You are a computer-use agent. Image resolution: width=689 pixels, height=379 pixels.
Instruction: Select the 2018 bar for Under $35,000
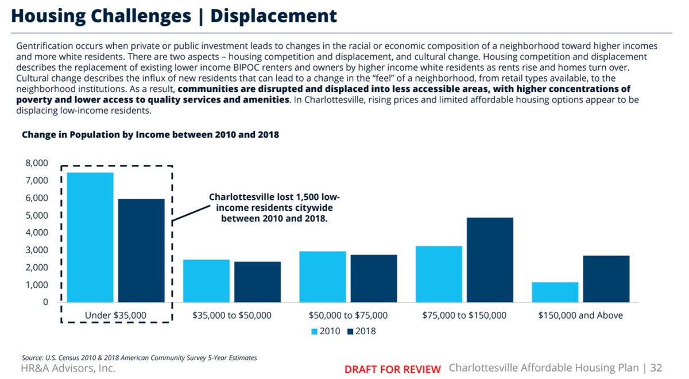point(141,250)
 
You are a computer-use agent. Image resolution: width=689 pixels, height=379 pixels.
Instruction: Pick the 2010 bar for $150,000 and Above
point(555,292)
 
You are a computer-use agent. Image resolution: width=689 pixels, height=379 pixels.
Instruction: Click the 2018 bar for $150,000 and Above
point(606,279)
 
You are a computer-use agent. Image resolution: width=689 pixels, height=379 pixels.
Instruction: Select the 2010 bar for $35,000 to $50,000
point(206,281)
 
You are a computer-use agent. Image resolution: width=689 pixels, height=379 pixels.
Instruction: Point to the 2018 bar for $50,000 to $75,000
point(374,279)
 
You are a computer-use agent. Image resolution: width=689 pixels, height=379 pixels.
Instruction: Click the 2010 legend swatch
point(314,331)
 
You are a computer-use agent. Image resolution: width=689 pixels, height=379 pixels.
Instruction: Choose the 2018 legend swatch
point(350,331)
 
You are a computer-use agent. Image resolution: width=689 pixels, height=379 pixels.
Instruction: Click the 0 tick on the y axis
point(45,302)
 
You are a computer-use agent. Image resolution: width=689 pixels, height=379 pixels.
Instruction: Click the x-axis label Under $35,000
point(115,315)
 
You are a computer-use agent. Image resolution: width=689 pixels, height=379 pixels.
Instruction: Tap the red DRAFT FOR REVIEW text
point(392,369)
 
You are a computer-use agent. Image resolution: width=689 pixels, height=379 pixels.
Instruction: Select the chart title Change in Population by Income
point(150,135)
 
